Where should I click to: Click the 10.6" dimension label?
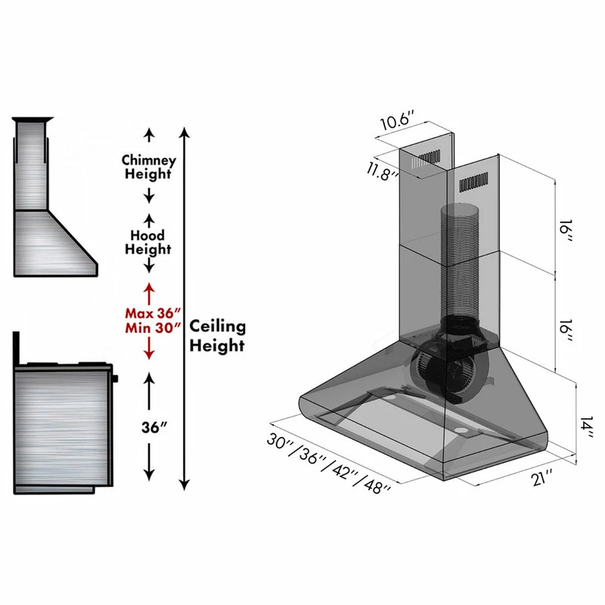pyautogui.click(x=398, y=119)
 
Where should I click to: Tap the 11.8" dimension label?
pyautogui.click(x=383, y=172)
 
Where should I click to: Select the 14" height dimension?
pyautogui.click(x=587, y=427)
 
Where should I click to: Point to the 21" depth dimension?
pyautogui.click(x=542, y=478)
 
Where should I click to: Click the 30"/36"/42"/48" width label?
pyautogui.click(x=329, y=463)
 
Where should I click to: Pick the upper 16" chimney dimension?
pyautogui.click(x=566, y=231)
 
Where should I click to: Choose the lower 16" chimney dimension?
pyautogui.click(x=566, y=330)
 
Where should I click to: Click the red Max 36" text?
pyautogui.click(x=153, y=313)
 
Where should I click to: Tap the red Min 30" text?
pyautogui.click(x=153, y=328)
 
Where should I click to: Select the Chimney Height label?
pyautogui.click(x=148, y=167)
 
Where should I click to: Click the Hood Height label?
pyautogui.click(x=147, y=242)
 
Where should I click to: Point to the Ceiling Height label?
pyautogui.click(x=217, y=336)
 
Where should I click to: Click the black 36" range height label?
pyautogui.click(x=154, y=427)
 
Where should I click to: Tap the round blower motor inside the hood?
pyautogui.click(x=448, y=372)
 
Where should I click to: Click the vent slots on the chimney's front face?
pyautogui.click(x=473, y=182)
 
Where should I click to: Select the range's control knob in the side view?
pyautogui.click(x=116, y=379)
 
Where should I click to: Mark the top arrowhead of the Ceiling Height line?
pyautogui.click(x=185, y=132)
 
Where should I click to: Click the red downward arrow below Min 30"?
pyautogui.click(x=149, y=349)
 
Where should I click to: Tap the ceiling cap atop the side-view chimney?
pyautogui.click(x=33, y=119)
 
